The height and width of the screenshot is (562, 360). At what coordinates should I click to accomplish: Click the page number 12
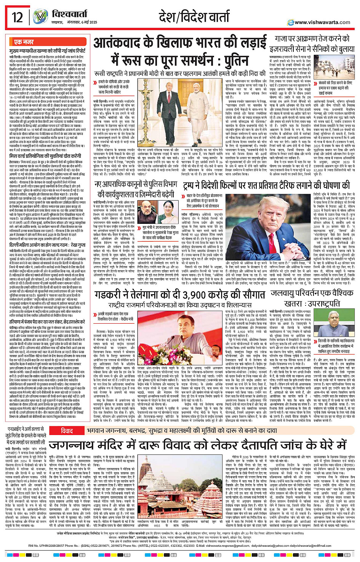[x=17, y=17]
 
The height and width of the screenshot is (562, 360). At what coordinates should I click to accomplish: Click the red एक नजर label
[x=24, y=42]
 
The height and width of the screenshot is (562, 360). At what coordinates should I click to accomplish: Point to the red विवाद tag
[x=67, y=420]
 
